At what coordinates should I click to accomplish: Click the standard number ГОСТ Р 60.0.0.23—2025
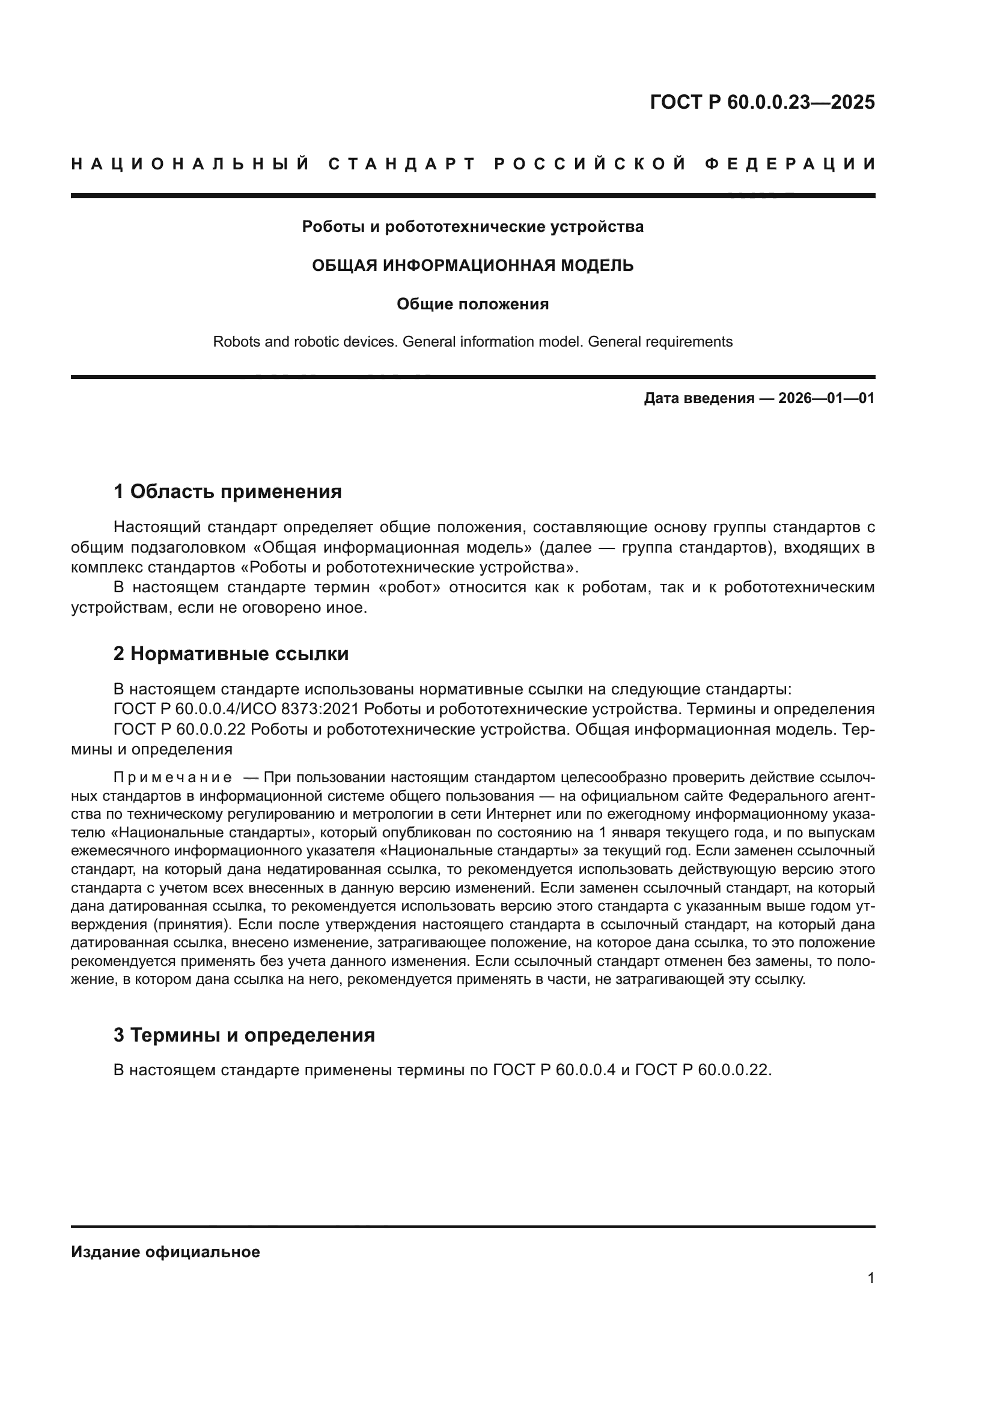762,102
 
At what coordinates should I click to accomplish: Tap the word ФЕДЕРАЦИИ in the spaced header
790,164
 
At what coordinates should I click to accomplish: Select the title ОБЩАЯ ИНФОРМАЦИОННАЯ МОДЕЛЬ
472,266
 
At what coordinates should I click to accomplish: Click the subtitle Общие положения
472,304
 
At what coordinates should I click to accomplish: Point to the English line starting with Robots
472,342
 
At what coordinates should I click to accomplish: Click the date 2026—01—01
826,399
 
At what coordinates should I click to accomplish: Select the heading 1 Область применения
227,491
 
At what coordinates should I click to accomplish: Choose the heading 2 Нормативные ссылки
231,654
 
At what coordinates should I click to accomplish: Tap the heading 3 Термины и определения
243,1036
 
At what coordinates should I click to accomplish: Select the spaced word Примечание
173,778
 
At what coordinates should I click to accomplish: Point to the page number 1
870,1278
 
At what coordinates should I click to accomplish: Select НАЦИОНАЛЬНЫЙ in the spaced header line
191,164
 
